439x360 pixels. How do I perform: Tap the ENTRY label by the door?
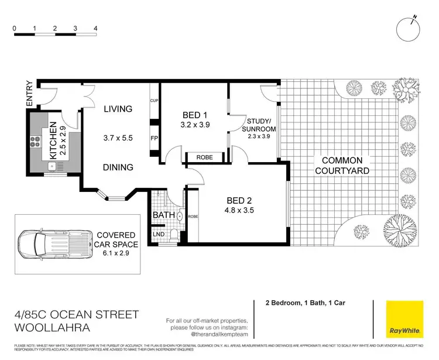coord(29,94)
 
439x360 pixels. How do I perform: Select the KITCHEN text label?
coord(53,141)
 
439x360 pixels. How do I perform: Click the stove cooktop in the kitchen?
coord(33,141)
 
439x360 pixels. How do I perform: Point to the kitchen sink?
coord(53,166)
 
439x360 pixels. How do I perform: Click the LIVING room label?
coord(118,109)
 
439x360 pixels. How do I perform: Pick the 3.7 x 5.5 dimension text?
coord(118,138)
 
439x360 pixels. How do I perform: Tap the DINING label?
coord(118,167)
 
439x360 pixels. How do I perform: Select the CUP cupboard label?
coord(154,100)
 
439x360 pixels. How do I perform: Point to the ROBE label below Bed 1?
coord(204,157)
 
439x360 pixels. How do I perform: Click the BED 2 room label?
coord(238,200)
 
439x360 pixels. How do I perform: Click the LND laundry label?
coord(158,234)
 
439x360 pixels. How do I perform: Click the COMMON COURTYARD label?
coord(343,165)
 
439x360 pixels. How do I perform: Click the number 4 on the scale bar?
coord(95,28)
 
